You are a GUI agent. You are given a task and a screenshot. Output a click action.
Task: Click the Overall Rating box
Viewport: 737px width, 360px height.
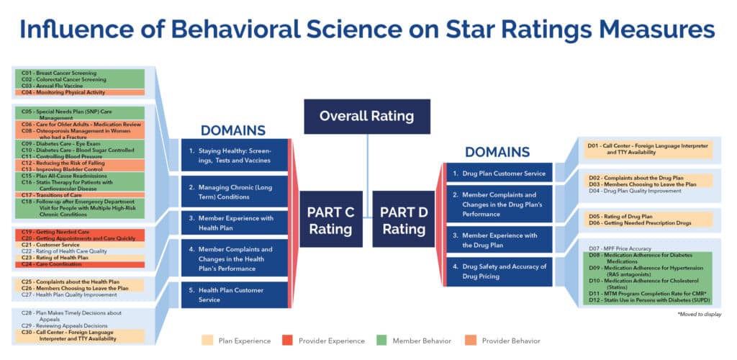click(x=367, y=116)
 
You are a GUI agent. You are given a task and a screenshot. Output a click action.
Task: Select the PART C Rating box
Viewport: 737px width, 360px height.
click(x=331, y=220)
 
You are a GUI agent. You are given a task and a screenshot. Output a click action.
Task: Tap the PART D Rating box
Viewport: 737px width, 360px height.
click(x=403, y=220)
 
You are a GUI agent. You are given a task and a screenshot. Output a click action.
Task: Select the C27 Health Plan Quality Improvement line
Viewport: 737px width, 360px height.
click(x=68, y=294)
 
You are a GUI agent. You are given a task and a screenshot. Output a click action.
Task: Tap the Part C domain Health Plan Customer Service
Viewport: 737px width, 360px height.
click(x=234, y=294)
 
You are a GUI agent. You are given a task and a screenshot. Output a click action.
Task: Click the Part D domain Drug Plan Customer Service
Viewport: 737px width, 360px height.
click(x=497, y=173)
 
